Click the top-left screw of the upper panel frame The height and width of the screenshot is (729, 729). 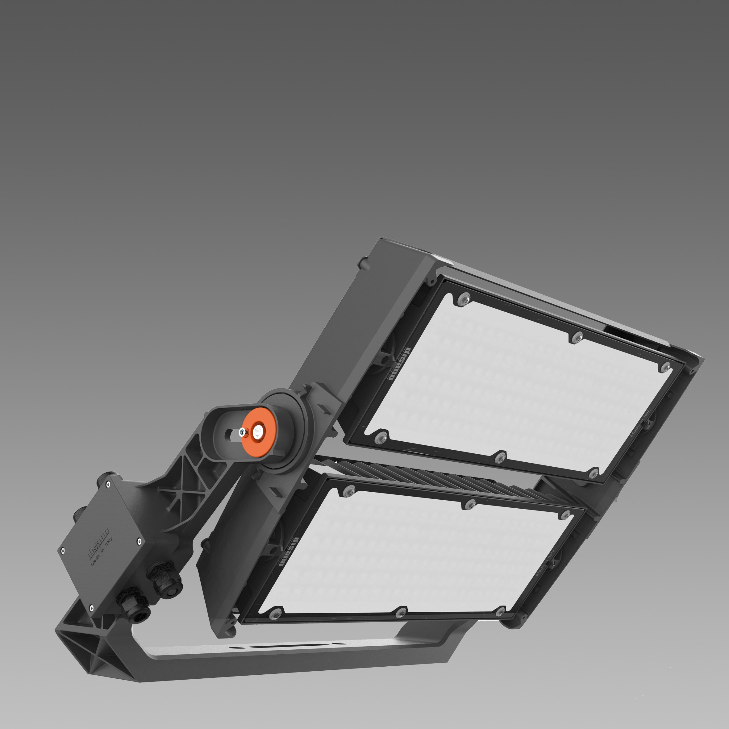point(464,298)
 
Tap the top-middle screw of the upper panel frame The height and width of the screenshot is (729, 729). point(576,337)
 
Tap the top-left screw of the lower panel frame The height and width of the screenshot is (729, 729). point(348,490)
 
